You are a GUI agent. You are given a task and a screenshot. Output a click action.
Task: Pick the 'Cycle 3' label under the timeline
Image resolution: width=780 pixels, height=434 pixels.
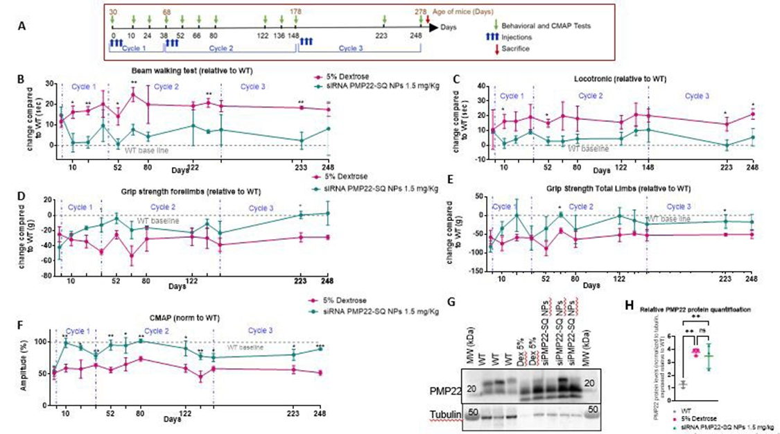pyautogui.click(x=360, y=50)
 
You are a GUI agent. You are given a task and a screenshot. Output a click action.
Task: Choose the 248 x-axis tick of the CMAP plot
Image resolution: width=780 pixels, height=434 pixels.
pyautogui.click(x=320, y=414)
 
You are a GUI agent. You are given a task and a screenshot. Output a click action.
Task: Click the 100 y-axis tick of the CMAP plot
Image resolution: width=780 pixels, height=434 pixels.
pyautogui.click(x=44, y=342)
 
